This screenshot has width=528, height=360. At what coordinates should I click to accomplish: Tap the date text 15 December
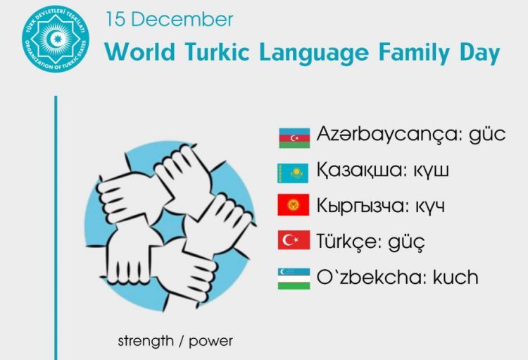[x=169, y=19]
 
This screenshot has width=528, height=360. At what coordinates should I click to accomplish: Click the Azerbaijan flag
[x=294, y=137]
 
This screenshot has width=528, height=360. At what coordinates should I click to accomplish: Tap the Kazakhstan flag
[x=294, y=171]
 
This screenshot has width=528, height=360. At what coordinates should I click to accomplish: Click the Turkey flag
[x=294, y=241]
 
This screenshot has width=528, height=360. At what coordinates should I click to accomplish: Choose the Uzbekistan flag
[x=294, y=277]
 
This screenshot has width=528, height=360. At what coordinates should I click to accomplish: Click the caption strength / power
[x=175, y=342]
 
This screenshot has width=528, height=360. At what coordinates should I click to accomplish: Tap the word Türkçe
[x=349, y=241]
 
